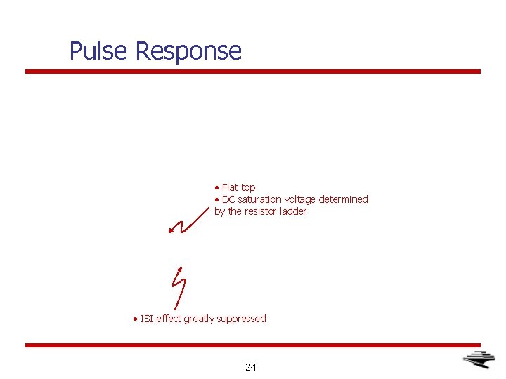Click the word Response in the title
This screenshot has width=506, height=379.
coord(188,51)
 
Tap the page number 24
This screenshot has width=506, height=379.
coord(251,366)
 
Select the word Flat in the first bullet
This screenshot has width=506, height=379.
coord(230,187)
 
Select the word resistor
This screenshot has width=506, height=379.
coord(261,211)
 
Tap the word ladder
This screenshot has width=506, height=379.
coord(293,211)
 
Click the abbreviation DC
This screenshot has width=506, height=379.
coord(228,199)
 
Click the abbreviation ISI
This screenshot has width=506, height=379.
coord(147,319)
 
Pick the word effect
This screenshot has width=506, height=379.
coord(169,319)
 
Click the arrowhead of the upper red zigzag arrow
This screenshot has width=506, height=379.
coord(171,230)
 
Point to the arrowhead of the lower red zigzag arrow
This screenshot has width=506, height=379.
coord(180,269)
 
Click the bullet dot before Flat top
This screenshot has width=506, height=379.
coord(217,188)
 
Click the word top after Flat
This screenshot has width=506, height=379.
coord(248,187)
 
